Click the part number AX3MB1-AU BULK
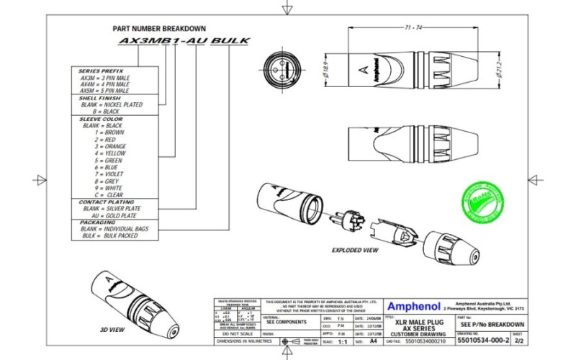click(x=183, y=42)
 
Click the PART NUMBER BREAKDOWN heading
click(x=159, y=28)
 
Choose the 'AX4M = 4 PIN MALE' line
click(x=104, y=84)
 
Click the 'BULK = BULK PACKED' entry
click(x=109, y=235)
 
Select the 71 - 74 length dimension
click(x=413, y=27)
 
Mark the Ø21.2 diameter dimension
click(x=498, y=70)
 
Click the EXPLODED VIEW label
click(x=355, y=251)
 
